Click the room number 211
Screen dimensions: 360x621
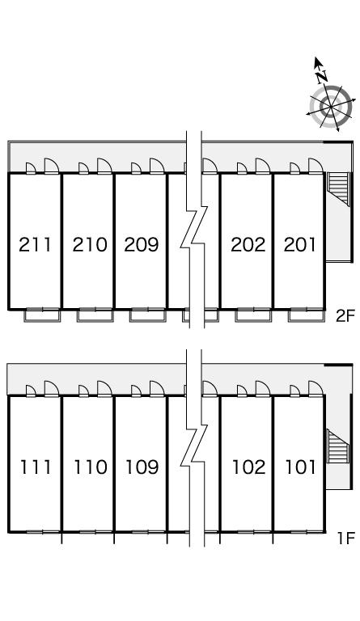(x=36, y=244)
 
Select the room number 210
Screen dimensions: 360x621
(x=90, y=244)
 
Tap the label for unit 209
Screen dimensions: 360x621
(x=142, y=244)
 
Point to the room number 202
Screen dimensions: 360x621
(x=248, y=244)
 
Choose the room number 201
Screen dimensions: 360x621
(x=300, y=244)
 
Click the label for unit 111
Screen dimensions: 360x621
(x=36, y=467)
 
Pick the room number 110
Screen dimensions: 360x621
(x=91, y=467)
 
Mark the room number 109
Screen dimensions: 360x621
(x=142, y=467)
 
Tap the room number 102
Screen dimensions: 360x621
(x=248, y=467)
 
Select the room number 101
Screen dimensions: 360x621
(x=301, y=467)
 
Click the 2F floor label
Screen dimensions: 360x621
(x=344, y=316)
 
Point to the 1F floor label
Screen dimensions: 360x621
(x=345, y=539)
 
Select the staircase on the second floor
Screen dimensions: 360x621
(x=338, y=189)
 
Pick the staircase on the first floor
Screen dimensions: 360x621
(x=338, y=446)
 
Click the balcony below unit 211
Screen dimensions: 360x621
(x=42, y=315)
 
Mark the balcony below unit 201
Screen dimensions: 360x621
(x=306, y=315)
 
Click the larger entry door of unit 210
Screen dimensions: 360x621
(x=104, y=166)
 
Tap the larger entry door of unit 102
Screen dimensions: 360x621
(x=263, y=388)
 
